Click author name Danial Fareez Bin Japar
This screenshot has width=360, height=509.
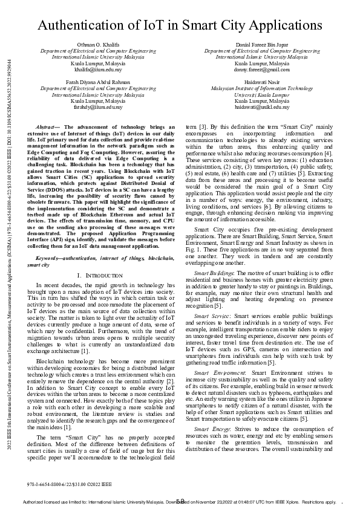pyautogui.click(x=262, y=45)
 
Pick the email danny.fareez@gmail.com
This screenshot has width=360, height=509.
pyautogui.click(x=262, y=68)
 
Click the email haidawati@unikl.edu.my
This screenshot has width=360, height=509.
pyautogui.click(x=262, y=106)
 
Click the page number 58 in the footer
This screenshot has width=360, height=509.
pyautogui.click(x=180, y=501)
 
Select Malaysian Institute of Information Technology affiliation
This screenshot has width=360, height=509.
pyautogui.click(x=262, y=88)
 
